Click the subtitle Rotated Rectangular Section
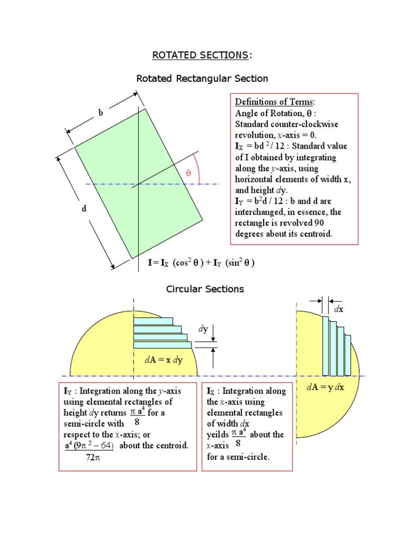click(x=202, y=79)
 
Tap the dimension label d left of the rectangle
click(x=83, y=209)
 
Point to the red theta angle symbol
click(x=187, y=173)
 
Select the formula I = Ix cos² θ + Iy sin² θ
click(x=201, y=263)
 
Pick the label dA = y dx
click(x=325, y=387)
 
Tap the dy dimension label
click(x=203, y=329)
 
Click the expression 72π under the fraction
click(x=92, y=458)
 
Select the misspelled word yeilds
click(x=218, y=435)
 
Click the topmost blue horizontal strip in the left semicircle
click(x=153, y=321)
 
